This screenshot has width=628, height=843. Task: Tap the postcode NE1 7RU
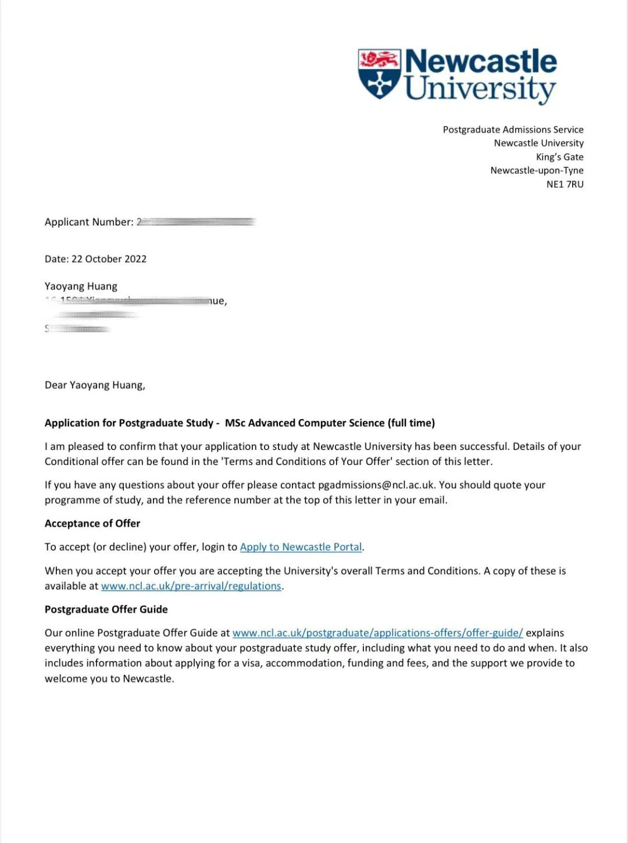click(565, 184)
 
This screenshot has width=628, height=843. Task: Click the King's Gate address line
click(559, 157)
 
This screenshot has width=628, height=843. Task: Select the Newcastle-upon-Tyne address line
click(537, 170)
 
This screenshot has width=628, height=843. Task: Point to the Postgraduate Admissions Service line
click(513, 130)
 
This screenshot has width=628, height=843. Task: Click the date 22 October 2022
click(109, 259)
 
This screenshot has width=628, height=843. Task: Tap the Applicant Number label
click(89, 222)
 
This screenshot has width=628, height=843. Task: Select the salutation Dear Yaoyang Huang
click(95, 385)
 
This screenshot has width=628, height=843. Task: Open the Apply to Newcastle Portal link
click(301, 547)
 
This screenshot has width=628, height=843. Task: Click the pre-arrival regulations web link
click(191, 586)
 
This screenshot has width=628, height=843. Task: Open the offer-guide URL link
click(377, 633)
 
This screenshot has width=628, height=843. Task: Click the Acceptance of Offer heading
click(92, 523)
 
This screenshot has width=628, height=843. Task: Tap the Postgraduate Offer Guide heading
click(106, 609)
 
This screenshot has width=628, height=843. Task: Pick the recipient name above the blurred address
click(81, 287)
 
